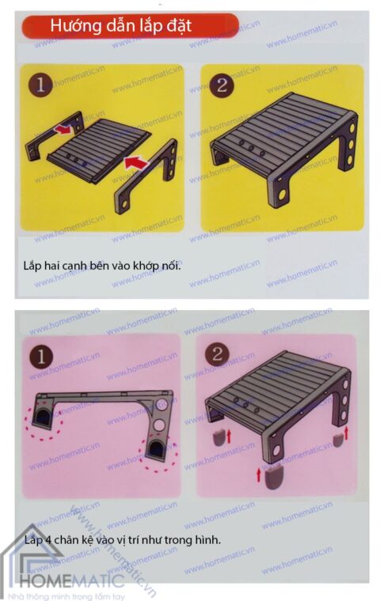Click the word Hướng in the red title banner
pyautogui.click(x=74, y=26)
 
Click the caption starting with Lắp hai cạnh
pyautogui.click(x=102, y=264)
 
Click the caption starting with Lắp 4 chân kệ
pyautogui.click(x=121, y=540)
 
